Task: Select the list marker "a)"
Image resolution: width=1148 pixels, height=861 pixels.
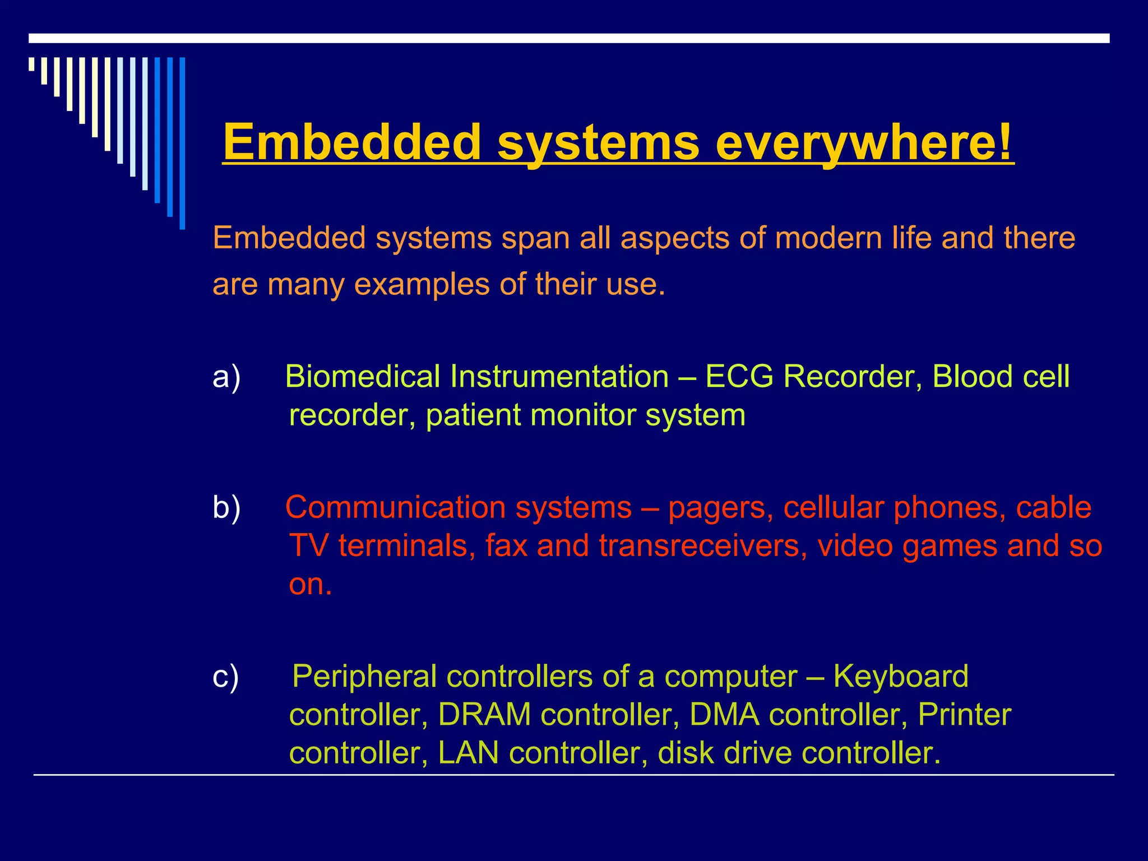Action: (x=226, y=377)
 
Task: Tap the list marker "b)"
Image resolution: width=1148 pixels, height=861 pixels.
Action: (x=226, y=508)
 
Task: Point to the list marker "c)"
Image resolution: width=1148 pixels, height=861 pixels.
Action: (x=226, y=677)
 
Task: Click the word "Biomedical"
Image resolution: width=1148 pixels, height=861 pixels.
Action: (x=362, y=377)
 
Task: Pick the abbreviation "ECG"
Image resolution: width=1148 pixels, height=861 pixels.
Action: (x=739, y=377)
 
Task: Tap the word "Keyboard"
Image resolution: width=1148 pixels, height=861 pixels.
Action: (x=901, y=677)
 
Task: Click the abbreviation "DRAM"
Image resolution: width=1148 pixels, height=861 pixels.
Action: (x=484, y=715)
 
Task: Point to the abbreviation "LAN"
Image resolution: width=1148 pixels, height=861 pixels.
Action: (x=468, y=753)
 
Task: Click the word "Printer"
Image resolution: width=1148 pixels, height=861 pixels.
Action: (x=964, y=715)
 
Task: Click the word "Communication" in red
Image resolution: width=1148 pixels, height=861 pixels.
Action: (x=396, y=508)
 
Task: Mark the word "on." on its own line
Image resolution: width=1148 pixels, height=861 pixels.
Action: (x=311, y=585)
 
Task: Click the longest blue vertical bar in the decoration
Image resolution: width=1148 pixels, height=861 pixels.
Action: (x=182, y=143)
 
